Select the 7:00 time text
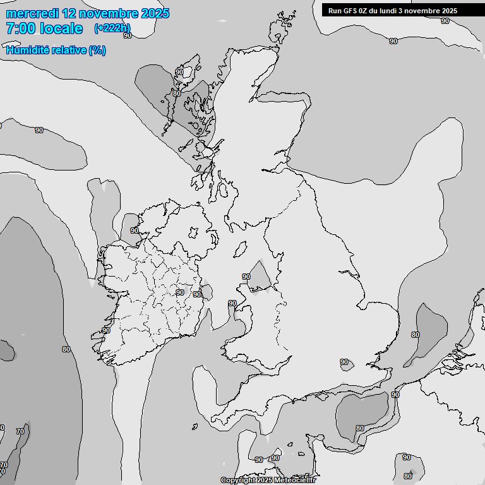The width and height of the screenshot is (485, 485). click(x=20, y=28)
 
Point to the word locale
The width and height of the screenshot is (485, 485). click(x=61, y=28)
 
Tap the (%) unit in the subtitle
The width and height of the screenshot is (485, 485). click(x=97, y=51)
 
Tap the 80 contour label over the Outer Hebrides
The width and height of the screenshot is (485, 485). click(x=177, y=94)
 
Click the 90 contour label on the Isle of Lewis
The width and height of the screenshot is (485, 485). click(x=179, y=72)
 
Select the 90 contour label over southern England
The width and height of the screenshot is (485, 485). click(x=344, y=362)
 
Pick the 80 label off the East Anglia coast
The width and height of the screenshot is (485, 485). click(x=415, y=335)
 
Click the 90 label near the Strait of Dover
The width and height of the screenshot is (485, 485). click(x=395, y=395)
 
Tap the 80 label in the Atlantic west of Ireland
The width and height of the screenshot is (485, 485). click(x=66, y=349)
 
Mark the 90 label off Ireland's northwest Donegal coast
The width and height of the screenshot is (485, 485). click(x=134, y=231)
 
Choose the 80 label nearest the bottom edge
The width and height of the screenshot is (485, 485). click(x=407, y=476)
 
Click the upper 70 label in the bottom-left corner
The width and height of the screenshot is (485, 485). click(x=20, y=432)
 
